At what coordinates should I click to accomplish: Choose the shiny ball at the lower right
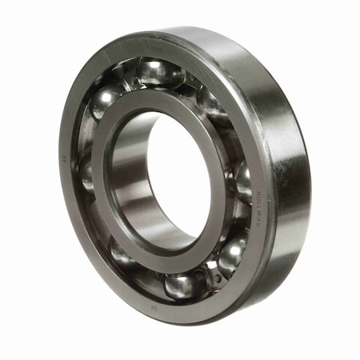[231, 254]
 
